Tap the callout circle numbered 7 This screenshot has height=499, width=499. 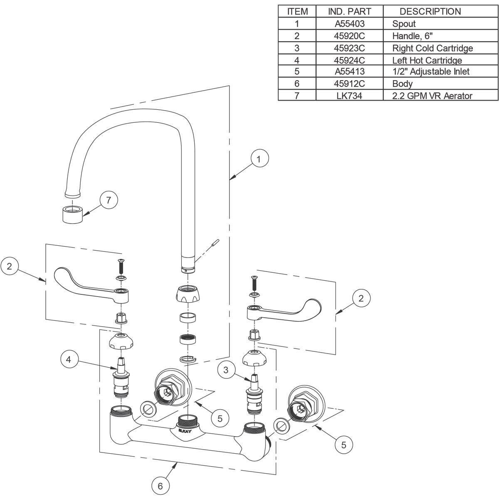(109, 200)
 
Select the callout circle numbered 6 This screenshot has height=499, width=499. (160, 486)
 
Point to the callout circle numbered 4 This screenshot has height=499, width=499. (69, 359)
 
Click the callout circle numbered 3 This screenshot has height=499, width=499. (226, 370)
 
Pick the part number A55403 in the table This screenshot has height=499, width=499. (350, 24)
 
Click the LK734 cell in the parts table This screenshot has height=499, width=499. (350, 96)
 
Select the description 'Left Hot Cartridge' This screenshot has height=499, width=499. (427, 60)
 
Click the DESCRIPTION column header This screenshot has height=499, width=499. (430, 11)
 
